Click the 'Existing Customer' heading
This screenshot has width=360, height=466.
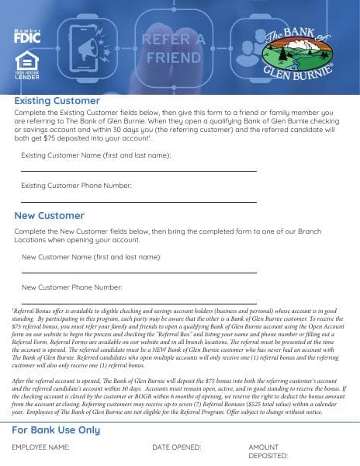(x=57, y=101)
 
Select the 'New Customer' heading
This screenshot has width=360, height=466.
(x=49, y=215)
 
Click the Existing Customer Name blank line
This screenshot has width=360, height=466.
(x=138, y=170)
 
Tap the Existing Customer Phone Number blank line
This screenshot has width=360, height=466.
(x=138, y=200)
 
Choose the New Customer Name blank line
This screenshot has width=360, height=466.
(x=138, y=272)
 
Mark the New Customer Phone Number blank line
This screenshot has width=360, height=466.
(x=138, y=301)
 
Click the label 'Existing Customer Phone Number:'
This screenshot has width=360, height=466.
(x=76, y=186)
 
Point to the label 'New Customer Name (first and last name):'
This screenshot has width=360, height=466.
(x=91, y=256)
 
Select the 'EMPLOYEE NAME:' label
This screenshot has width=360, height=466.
(x=40, y=447)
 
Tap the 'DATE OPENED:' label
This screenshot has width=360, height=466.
(x=176, y=447)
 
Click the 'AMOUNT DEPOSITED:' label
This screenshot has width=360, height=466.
(x=268, y=451)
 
